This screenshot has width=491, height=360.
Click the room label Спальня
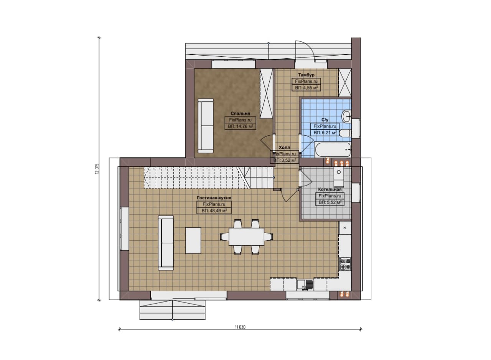pyautogui.click(x=240, y=113)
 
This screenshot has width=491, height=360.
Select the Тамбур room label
pyautogui.click(x=306, y=75)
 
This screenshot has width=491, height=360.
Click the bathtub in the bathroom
pyautogui.click(x=333, y=150)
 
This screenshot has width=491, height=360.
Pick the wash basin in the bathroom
pyautogui.click(x=347, y=116)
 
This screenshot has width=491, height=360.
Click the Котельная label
pyautogui.click(x=330, y=189)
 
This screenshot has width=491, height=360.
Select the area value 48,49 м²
pyautogui.click(x=214, y=211)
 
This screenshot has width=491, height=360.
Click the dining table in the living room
pyautogui.click(x=247, y=237)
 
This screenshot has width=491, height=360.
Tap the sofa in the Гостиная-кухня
pyautogui.click(x=166, y=243)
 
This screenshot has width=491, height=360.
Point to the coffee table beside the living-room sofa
pyautogui.click(x=193, y=240)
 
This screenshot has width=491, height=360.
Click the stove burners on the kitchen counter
pyautogui.click(x=345, y=264)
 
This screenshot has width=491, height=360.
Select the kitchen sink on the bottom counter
pyautogui.click(x=305, y=284)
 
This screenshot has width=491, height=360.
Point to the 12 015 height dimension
pyautogui.click(x=97, y=169)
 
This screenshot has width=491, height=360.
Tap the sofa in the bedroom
pyautogui.click(x=206, y=125)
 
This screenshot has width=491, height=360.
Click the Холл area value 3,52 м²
pyautogui.click(x=285, y=160)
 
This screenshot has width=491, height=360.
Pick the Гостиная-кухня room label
pyautogui.click(x=214, y=198)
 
